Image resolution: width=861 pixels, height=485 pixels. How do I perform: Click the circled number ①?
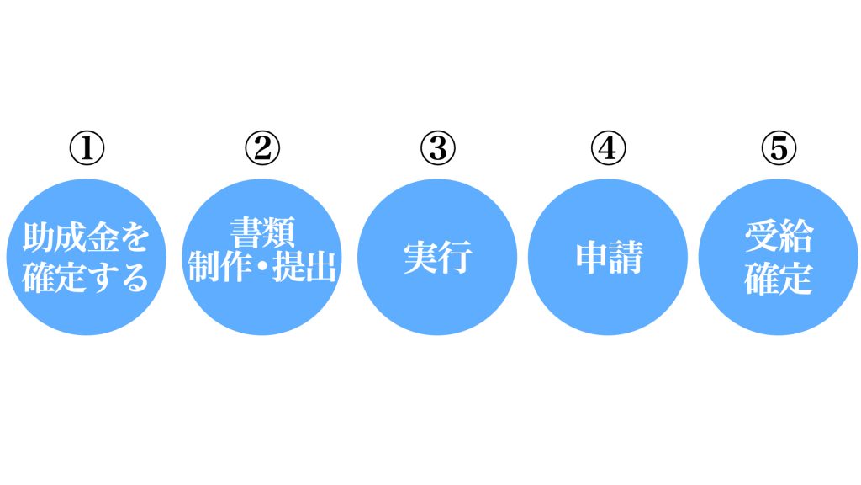pos(87,148)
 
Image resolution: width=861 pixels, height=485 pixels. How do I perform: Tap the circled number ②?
pos(262,148)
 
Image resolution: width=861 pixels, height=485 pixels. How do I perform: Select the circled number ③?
pos(437,148)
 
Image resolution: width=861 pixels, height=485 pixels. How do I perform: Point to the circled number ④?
pos(608,148)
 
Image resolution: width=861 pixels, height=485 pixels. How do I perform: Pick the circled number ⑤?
pos(778,148)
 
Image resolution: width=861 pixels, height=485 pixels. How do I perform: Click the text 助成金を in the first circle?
pos(87,237)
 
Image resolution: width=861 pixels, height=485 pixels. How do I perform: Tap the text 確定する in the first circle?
pos(87,277)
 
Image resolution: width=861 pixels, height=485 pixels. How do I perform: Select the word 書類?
pos(262,233)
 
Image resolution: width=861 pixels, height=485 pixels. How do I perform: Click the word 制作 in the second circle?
pos(219,267)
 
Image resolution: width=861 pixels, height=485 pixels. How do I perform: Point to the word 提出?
pos(304,267)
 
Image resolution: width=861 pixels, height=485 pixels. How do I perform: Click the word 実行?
pos(437,257)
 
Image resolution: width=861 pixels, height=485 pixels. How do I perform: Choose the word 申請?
pos(609,257)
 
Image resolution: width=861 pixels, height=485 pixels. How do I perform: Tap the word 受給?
pos(779,237)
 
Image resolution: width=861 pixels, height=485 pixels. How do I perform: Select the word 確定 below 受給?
pos(779,278)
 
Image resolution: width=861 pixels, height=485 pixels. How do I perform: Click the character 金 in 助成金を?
pos(103,237)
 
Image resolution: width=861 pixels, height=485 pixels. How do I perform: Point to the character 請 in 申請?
pos(626,257)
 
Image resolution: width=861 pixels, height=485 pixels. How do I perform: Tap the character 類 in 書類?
pos(279,233)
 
